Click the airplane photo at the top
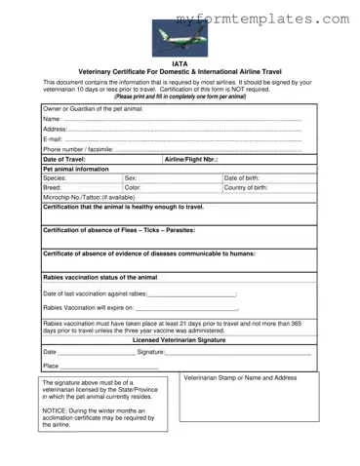180,39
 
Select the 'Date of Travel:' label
64,159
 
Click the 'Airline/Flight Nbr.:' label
191,159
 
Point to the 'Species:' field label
56,178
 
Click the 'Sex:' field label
131,178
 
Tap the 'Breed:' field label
53,188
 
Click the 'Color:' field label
134,188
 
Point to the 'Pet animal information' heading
76,169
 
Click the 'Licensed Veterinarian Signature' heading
180,340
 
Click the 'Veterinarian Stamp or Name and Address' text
240,377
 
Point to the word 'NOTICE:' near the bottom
56,411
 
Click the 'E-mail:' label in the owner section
54,138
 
